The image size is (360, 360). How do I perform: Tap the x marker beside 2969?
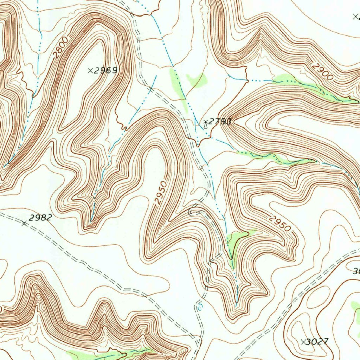(90, 71)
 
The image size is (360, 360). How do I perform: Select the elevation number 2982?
(40, 218)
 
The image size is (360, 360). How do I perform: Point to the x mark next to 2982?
(24, 223)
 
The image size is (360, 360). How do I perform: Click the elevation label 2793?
(219, 122)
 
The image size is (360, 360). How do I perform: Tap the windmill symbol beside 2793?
(205, 123)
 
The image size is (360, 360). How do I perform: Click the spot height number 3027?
(318, 341)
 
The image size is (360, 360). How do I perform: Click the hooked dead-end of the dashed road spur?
(191, 212)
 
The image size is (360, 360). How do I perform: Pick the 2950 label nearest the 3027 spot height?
(280, 223)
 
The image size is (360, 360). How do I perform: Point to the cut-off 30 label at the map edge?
(356, 271)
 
